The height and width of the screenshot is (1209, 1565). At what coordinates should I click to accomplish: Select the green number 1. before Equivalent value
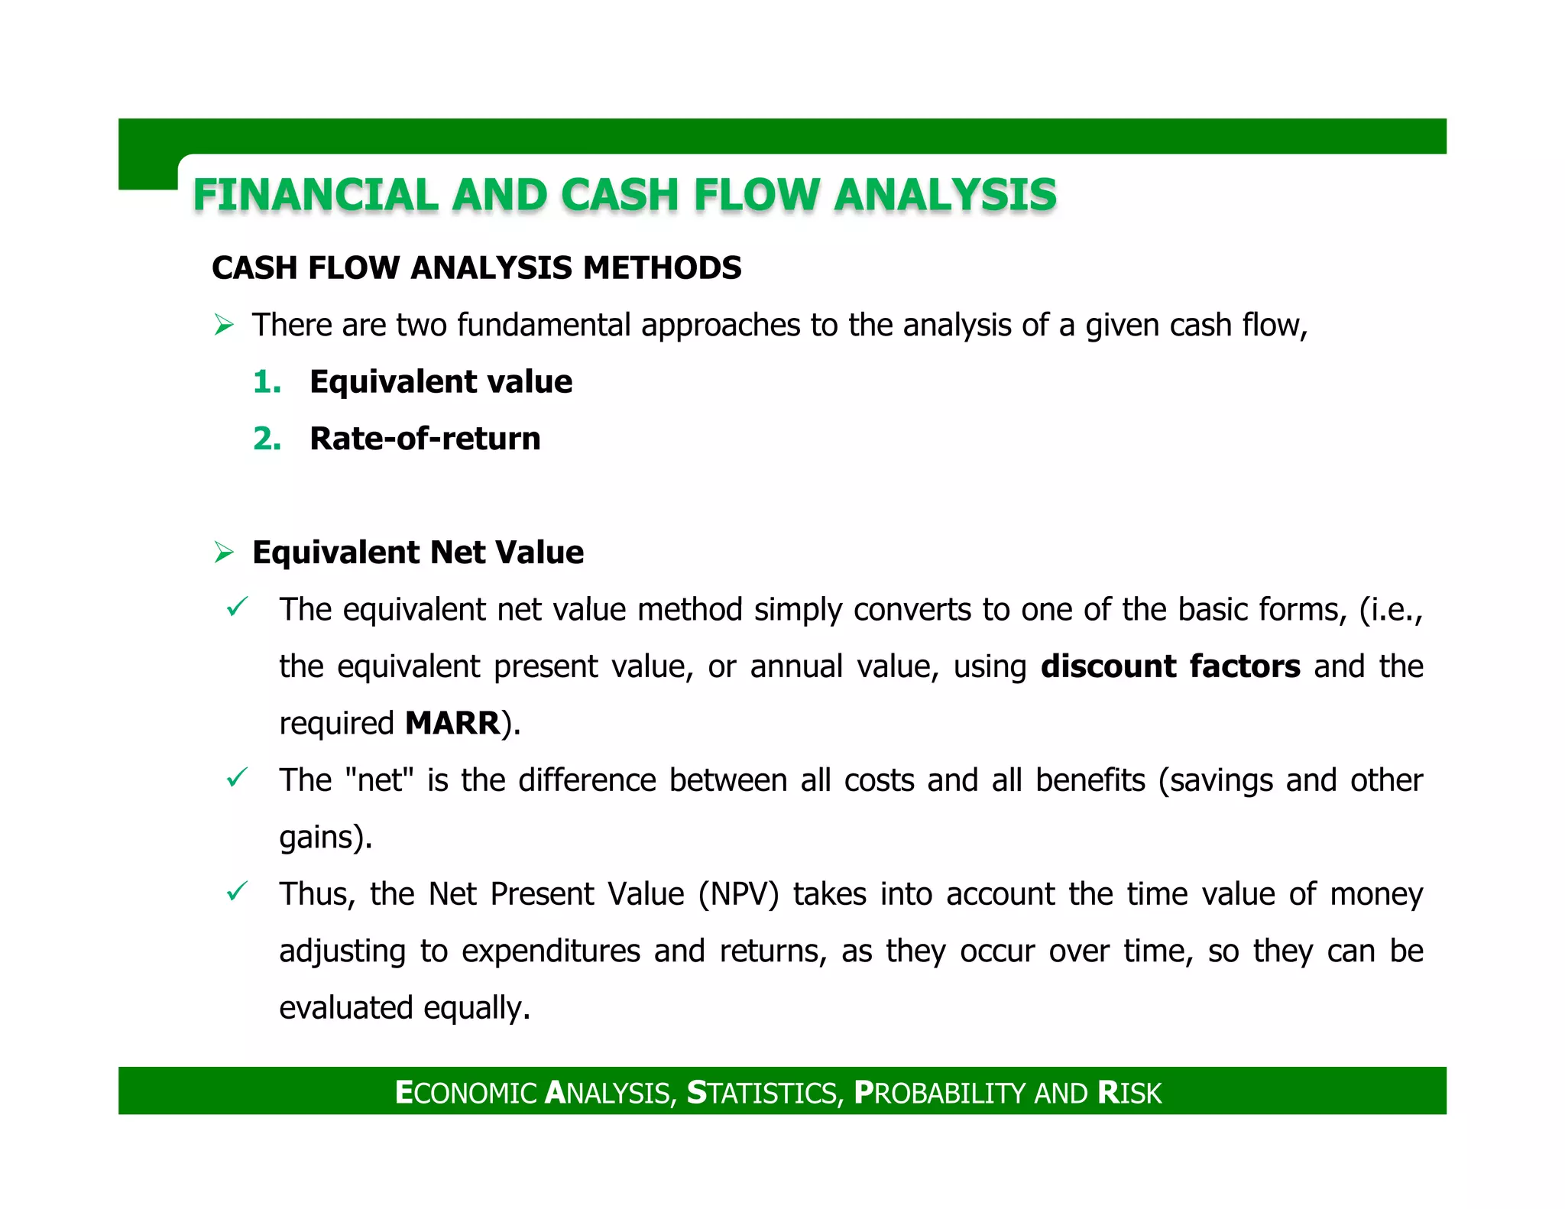point(267,382)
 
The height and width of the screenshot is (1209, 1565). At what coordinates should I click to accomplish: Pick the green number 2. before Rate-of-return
point(267,439)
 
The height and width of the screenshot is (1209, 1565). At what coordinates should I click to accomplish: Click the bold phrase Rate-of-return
point(425,439)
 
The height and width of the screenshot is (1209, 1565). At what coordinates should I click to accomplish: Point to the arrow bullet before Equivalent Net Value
point(224,553)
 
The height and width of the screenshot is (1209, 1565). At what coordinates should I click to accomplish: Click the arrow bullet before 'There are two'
point(224,326)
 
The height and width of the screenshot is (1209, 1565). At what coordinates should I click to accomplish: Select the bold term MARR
point(452,723)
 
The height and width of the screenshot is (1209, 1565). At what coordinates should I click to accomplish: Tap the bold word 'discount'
point(1107,666)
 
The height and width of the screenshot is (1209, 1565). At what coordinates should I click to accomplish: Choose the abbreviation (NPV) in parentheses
point(738,894)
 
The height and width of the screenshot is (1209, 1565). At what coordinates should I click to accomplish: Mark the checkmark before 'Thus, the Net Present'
point(237,892)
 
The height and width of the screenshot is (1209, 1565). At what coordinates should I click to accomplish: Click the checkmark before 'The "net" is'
point(237,778)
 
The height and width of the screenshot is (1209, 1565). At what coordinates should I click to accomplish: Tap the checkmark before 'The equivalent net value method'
point(237,608)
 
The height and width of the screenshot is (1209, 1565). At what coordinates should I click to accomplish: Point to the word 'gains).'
point(326,838)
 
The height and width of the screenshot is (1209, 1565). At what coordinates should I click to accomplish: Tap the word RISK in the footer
point(1129,1093)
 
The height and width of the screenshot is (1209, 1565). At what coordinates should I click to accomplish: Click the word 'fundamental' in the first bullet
point(544,326)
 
